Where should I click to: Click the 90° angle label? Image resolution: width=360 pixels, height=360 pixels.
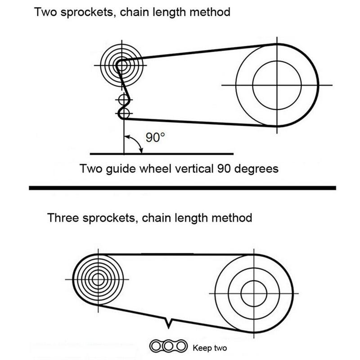pyautogui.click(x=152, y=138)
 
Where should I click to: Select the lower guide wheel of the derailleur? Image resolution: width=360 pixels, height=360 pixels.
pyautogui.click(x=124, y=112)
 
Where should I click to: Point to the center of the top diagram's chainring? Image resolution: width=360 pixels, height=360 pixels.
pyautogui.click(x=277, y=85)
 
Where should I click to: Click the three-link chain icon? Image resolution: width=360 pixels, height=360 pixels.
pyautogui.click(x=168, y=346)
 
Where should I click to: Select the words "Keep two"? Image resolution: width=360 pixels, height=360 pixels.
pyautogui.click(x=210, y=347)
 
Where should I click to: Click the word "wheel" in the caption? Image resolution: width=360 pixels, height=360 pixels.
pyautogui.click(x=154, y=169)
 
